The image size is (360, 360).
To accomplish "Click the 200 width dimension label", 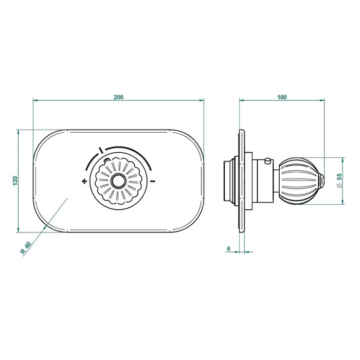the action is pos(118,97).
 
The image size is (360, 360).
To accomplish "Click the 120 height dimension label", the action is pos(15,181).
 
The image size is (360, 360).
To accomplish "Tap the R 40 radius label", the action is pos(26,248).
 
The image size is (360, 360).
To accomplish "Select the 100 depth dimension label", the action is pos(282,97).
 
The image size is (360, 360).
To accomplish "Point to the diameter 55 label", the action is pos(339,181).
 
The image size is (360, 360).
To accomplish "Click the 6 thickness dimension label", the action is pos(229,248).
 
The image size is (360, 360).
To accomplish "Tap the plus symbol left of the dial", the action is pos(84,182).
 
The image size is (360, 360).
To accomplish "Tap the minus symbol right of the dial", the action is pos(153,182).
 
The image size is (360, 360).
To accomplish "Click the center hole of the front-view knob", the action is pos(118,181).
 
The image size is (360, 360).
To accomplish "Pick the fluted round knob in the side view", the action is pos(298,181).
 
